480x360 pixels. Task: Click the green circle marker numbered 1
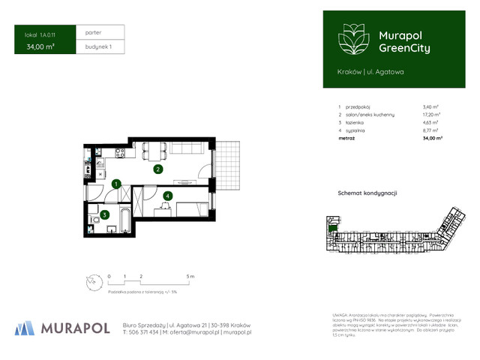coord(116,184)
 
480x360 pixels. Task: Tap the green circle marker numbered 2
coord(157,169)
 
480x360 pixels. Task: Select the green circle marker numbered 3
coord(106,215)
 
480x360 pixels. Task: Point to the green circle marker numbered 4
coord(168,196)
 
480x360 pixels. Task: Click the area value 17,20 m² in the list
coord(431,115)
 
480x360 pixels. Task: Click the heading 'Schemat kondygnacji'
coord(367,193)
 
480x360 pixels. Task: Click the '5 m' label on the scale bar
coord(190,277)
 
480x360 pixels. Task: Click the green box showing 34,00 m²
coord(41,46)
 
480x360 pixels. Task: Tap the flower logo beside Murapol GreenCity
coord(352,39)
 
